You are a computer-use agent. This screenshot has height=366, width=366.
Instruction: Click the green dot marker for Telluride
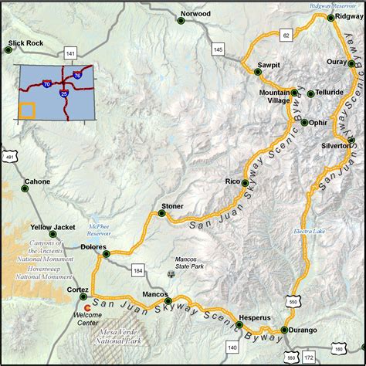[310, 94]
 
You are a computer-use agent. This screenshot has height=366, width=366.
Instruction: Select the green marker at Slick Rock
[8, 51]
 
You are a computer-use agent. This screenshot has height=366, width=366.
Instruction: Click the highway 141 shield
[71, 53]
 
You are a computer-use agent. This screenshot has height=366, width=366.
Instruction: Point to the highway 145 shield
[218, 50]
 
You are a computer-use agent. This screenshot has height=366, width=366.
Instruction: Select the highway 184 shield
[138, 270]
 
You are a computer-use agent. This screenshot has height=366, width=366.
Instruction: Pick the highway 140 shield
[232, 347]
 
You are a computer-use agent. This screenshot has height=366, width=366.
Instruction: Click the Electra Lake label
[310, 231]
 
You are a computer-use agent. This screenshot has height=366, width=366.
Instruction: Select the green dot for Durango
[284, 330]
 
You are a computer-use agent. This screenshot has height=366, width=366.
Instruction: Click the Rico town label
[232, 181]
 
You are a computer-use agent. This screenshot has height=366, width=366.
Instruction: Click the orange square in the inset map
[27, 108]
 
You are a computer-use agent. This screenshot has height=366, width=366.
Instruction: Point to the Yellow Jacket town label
[48, 227]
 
